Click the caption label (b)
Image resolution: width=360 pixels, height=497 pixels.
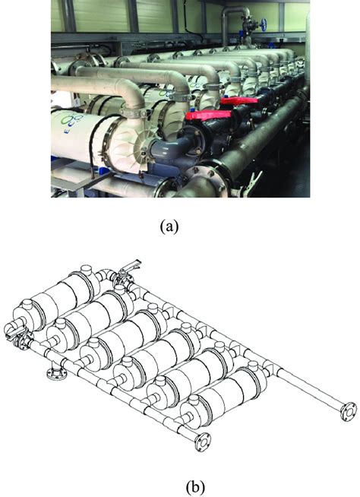point(181,483)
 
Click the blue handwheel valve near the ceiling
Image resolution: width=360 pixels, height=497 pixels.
point(264,22)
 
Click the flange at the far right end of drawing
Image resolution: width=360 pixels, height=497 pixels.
point(349,410)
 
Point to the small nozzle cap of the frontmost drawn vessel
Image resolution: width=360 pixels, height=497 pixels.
point(191,415)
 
